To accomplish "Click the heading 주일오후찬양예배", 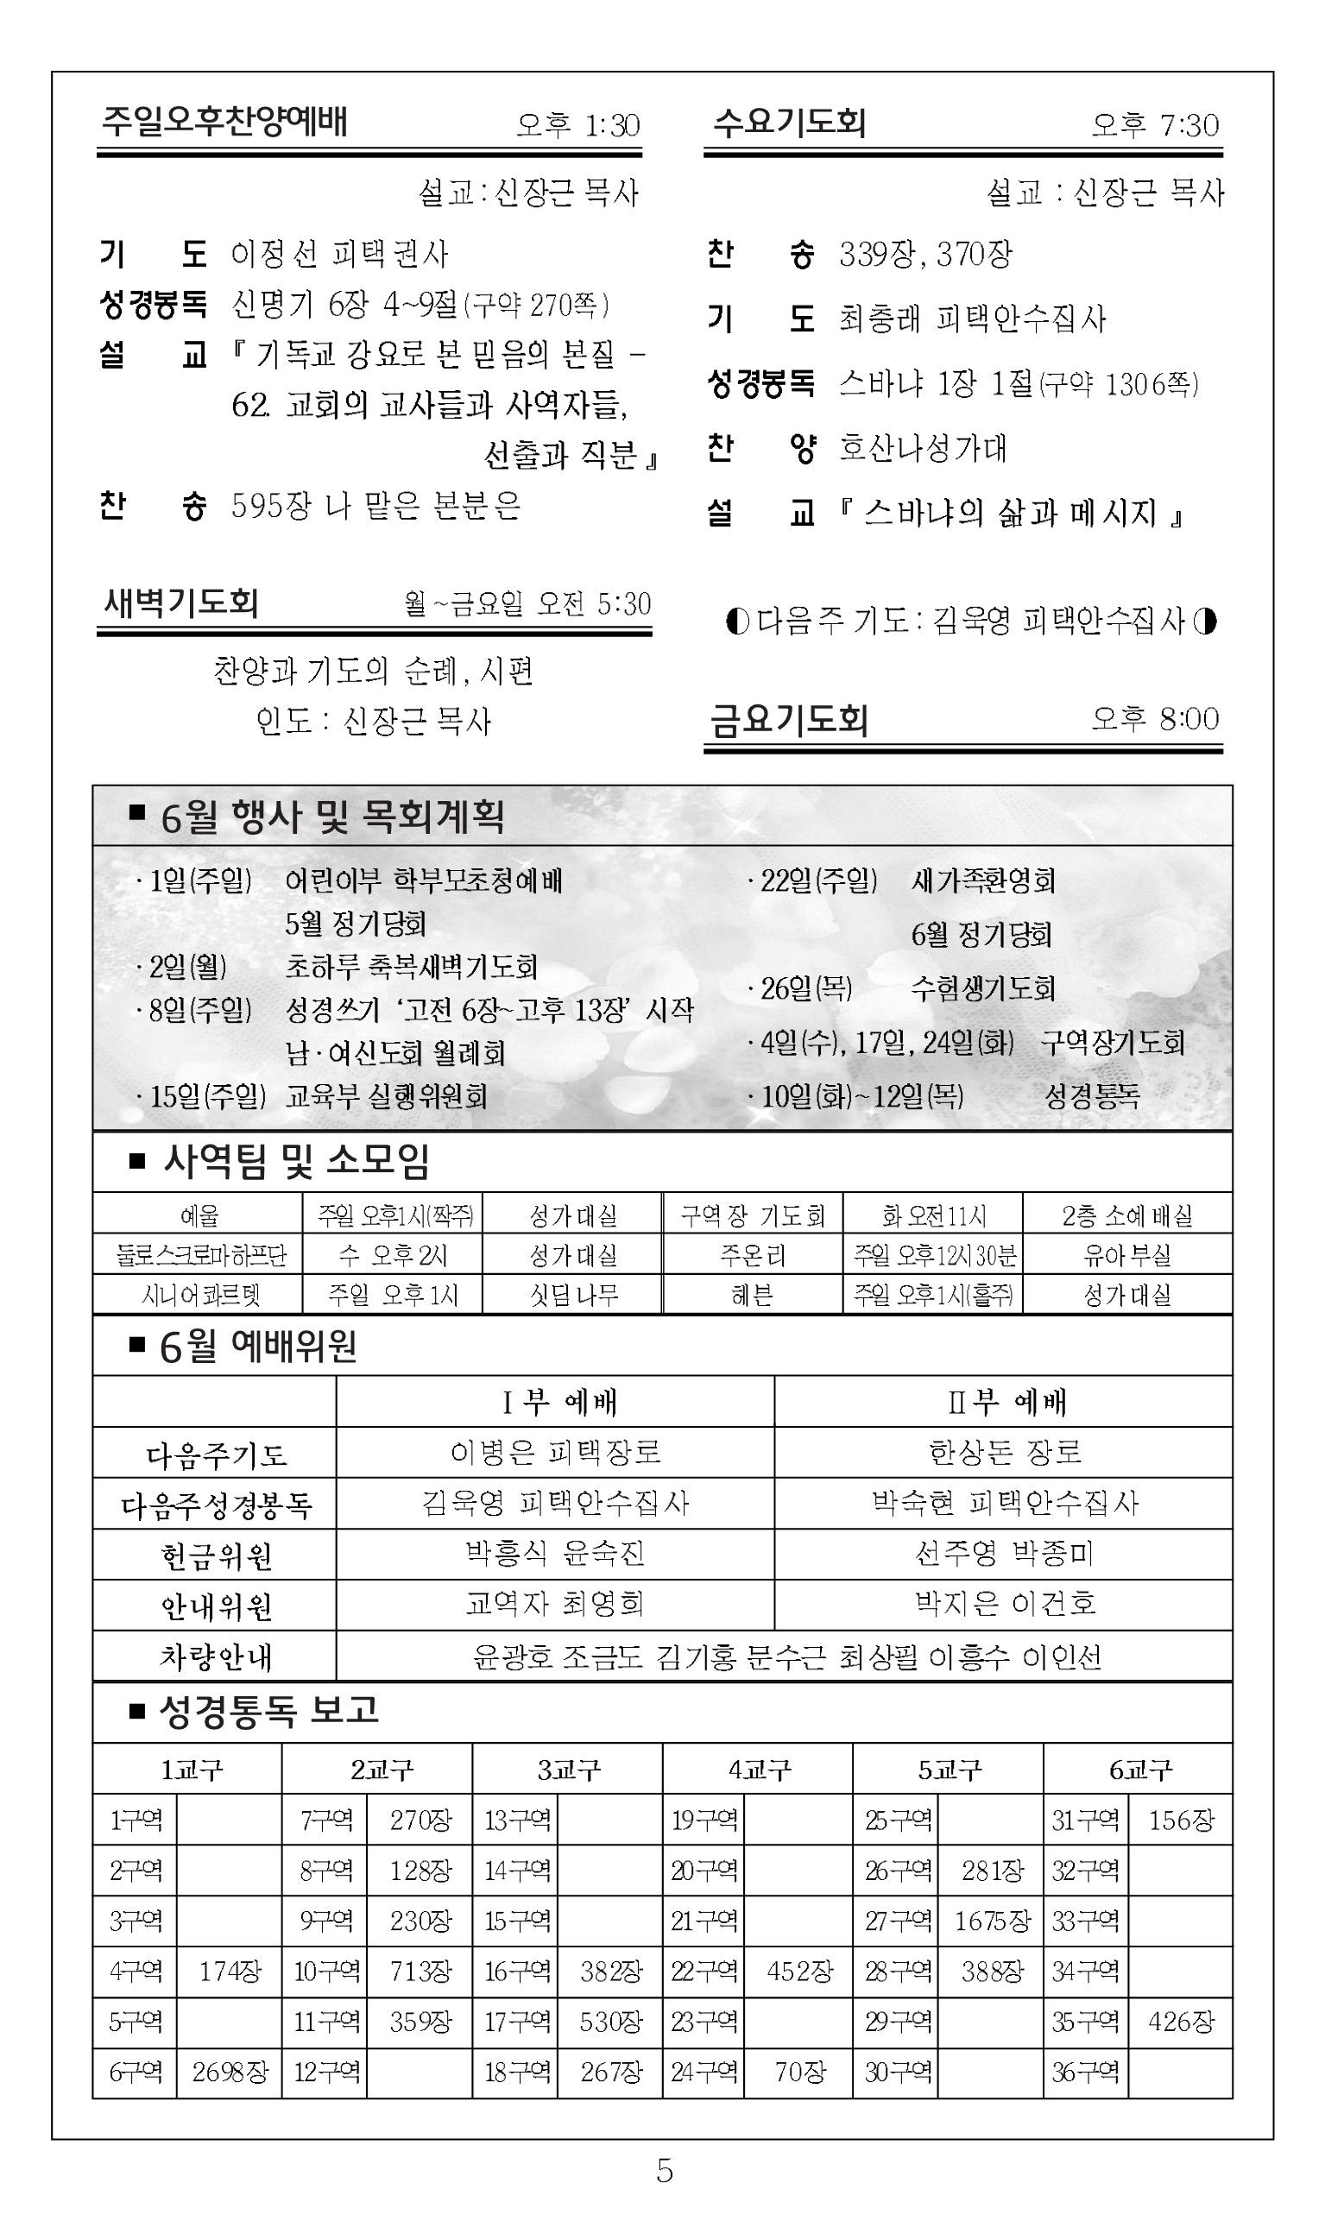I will coord(224,122).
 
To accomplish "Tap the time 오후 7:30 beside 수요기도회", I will coord(1154,125).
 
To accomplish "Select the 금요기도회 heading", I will coord(788,720).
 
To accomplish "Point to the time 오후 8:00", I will coord(1154,719).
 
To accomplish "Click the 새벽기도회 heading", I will coord(181,603).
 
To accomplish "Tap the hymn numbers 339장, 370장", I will coord(925,255).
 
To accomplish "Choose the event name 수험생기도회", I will coord(982,987).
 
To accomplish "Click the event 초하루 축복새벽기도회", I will coord(411,966).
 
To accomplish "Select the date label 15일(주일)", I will coord(207,1095).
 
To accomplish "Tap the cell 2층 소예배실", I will coord(1126,1215).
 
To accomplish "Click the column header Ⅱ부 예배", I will coord(1006,1402).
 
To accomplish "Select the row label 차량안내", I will coord(215,1657).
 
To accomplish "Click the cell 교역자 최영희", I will coord(554,1605).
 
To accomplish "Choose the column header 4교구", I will coord(758,1770).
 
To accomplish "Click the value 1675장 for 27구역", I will coord(991,1921).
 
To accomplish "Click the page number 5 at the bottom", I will coord(665,2170).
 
